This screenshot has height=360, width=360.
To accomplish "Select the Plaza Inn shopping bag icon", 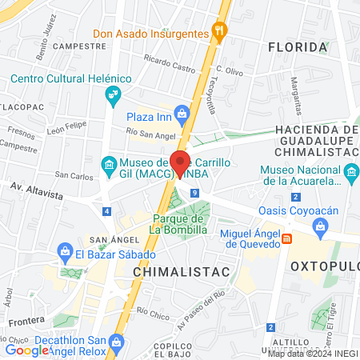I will pos(183,114).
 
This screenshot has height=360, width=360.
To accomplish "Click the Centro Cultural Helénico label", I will pos(70,79).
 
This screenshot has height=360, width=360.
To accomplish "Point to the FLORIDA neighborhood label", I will pos(298,47).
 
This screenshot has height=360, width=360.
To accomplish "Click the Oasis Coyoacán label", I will pos(287,210).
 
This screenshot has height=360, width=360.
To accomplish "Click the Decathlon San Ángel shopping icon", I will pos(117,342).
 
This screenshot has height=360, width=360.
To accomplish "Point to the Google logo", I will pos(26,350).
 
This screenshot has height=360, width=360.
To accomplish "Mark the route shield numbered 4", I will pos(107,211).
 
